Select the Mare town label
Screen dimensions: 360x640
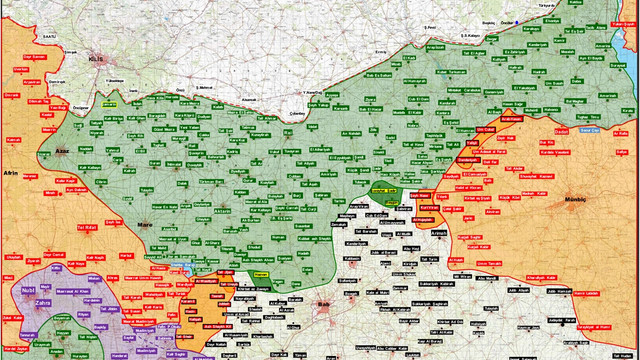(143, 224)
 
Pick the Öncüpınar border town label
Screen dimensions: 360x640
(82, 105)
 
